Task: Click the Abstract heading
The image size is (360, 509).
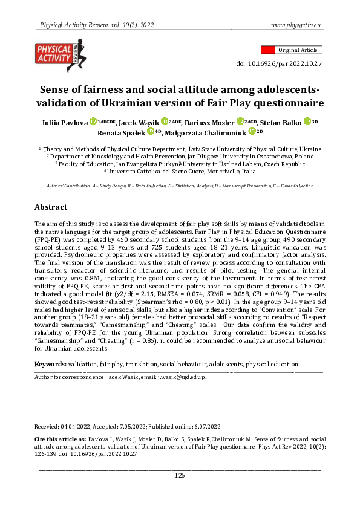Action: click(51, 206)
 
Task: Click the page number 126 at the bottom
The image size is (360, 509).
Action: click(180, 476)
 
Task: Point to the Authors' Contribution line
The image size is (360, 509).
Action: click(180, 186)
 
